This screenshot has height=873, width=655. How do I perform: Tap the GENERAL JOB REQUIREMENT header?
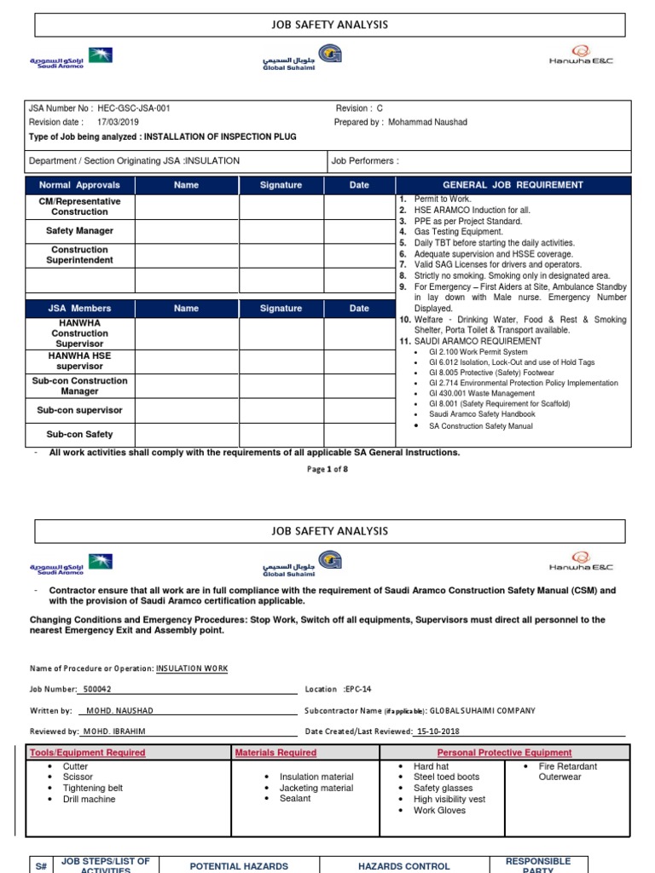[513, 185]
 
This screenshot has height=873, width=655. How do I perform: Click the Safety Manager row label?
[79, 230]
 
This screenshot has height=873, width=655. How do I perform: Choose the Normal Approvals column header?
[79, 185]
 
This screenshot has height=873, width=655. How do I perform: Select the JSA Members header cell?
[79, 309]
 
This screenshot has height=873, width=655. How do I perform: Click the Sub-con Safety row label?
[79, 434]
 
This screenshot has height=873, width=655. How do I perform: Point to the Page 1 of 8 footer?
[327, 469]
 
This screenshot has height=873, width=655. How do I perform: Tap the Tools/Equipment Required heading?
[87, 753]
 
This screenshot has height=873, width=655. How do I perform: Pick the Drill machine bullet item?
[89, 800]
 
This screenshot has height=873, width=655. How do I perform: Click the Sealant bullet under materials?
[295, 799]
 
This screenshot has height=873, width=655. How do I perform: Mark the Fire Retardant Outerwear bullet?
[567, 772]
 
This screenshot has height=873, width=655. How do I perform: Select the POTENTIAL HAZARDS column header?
[239, 866]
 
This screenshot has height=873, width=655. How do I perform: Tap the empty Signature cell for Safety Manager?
[281, 230]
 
